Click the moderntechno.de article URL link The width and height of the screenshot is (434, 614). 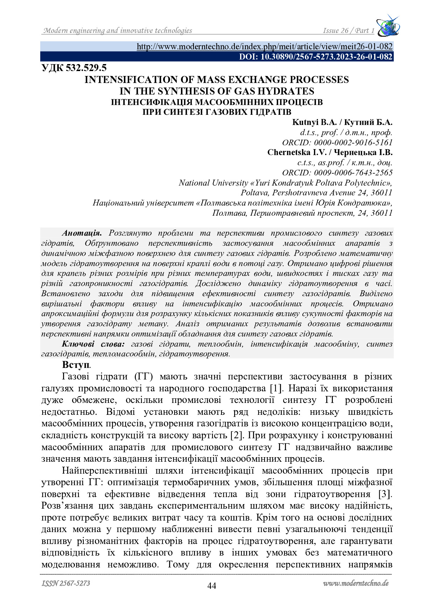(x=264, y=47)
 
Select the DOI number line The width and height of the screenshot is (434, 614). (x=316, y=57)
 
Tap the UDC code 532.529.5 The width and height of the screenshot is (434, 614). (x=74, y=68)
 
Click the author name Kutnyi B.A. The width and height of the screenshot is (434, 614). (x=314, y=123)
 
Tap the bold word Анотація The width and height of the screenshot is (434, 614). (x=82, y=233)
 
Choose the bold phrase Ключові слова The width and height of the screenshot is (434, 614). (x=93, y=344)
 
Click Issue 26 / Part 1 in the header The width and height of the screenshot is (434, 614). (x=348, y=31)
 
